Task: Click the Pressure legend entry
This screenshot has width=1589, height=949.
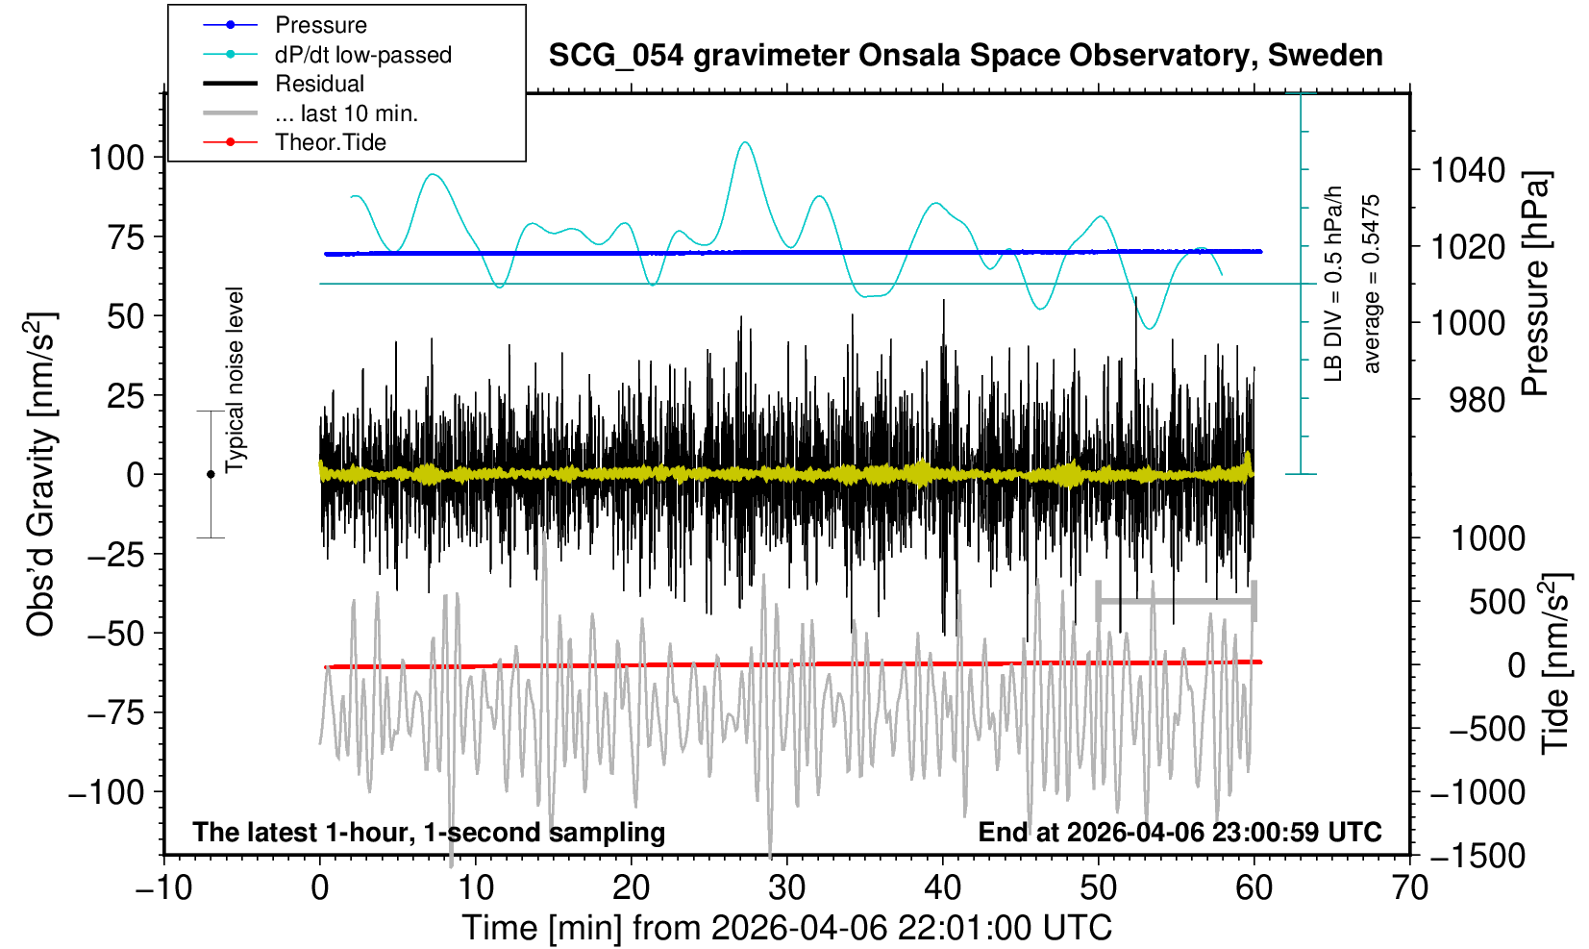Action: [x=320, y=25]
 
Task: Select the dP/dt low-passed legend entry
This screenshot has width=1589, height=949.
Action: [x=362, y=55]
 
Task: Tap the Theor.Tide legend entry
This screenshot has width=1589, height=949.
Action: [x=330, y=142]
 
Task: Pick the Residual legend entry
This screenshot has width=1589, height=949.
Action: [x=319, y=84]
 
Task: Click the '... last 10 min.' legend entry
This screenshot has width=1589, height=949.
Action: [x=346, y=113]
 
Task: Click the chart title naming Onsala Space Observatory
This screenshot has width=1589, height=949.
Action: [x=965, y=56]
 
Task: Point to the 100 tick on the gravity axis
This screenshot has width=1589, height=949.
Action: [x=116, y=158]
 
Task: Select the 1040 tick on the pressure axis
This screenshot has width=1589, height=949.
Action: [x=1468, y=171]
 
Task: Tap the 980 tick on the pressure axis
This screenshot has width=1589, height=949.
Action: [x=1477, y=400]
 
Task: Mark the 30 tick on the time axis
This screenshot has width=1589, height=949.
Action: [x=786, y=887]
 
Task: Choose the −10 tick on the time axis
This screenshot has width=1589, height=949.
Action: [x=163, y=887]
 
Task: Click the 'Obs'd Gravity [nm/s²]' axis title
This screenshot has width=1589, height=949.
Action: [x=41, y=474]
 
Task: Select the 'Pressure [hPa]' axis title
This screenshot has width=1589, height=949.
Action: [x=1535, y=284]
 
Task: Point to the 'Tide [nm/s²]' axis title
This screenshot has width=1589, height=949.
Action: [x=1554, y=663]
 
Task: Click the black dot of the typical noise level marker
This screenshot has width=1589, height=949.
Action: [x=211, y=474]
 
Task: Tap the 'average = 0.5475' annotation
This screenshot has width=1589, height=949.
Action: [x=1372, y=284]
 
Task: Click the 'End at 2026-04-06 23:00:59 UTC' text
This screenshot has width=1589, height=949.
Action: [x=1179, y=832]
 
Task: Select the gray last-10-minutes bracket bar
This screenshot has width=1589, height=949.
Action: [x=1176, y=602]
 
